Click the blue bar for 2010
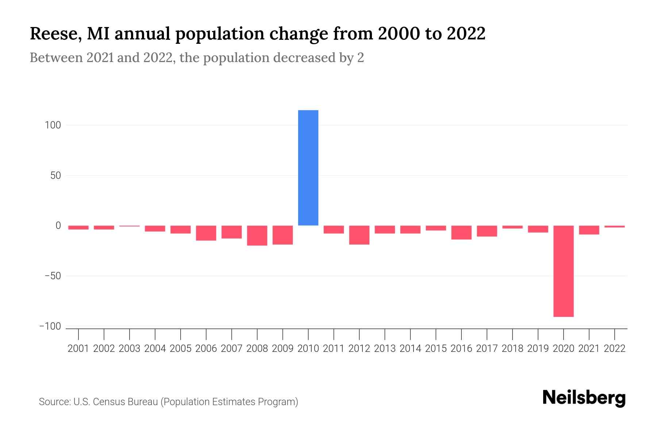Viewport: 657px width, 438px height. pyautogui.click(x=308, y=168)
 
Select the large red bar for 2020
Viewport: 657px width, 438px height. pyautogui.click(x=563, y=271)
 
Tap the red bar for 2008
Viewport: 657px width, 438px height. pyautogui.click(x=257, y=235)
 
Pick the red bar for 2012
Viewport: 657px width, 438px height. pyautogui.click(x=359, y=235)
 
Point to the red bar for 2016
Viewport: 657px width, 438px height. pyautogui.click(x=461, y=233)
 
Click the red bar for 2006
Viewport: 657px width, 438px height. pyautogui.click(x=206, y=233)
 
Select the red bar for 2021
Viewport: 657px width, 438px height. pyautogui.click(x=589, y=230)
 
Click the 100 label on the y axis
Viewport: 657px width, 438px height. pyautogui.click(x=53, y=125)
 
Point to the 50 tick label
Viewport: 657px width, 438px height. pyautogui.click(x=55, y=176)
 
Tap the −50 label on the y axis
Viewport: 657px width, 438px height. pyautogui.click(x=53, y=276)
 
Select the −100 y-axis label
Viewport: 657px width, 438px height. pyautogui.click(x=50, y=326)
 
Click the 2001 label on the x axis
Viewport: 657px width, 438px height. pyautogui.click(x=78, y=349)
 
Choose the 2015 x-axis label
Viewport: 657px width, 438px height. pyautogui.click(x=436, y=349)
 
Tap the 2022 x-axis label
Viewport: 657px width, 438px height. pyautogui.click(x=615, y=349)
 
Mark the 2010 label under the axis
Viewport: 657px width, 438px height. pyautogui.click(x=308, y=349)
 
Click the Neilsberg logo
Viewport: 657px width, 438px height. pyautogui.click(x=584, y=398)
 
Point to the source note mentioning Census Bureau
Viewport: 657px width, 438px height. pyautogui.click(x=168, y=402)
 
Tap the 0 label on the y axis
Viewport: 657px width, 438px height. pyautogui.click(x=58, y=226)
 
